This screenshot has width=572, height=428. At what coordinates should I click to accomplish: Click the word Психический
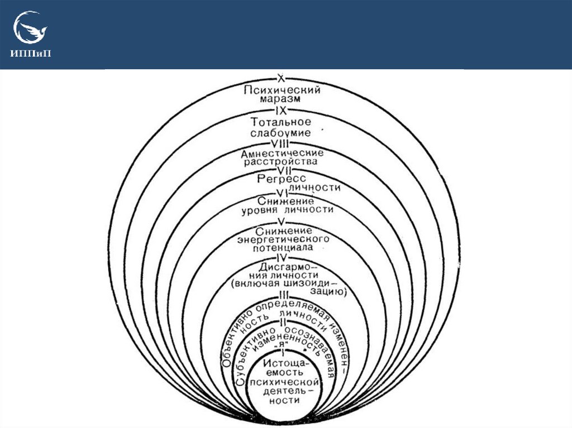click(282, 89)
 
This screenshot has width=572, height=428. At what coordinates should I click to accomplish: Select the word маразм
click(282, 99)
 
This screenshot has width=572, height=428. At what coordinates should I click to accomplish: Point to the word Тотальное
click(282, 122)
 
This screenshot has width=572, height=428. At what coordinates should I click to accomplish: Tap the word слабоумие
click(282, 134)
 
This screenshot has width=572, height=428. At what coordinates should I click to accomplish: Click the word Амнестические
click(282, 152)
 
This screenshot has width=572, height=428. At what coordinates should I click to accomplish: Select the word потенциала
click(283, 247)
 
